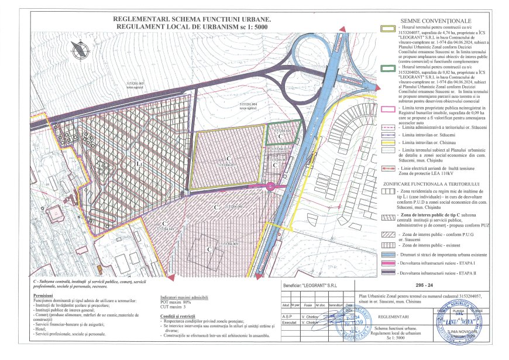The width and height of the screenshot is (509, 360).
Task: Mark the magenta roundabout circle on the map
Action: [x=270, y=186]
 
